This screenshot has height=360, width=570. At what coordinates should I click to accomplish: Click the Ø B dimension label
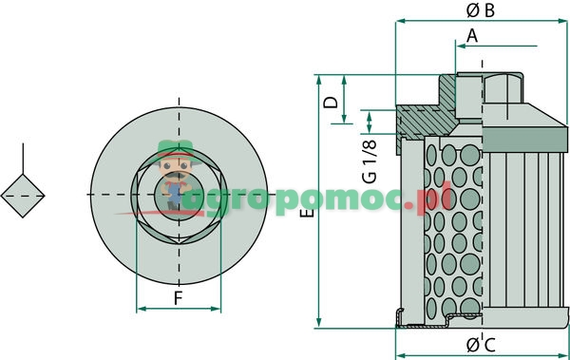tap(480, 10)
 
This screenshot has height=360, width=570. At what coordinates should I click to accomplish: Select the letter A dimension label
tap(472, 36)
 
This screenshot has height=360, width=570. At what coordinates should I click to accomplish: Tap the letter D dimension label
tap(331, 103)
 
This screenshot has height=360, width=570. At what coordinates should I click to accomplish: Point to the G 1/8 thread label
tap(370, 161)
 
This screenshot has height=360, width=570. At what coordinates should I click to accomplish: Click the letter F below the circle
tap(178, 298)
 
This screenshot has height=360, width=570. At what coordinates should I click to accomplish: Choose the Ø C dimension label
tap(481, 345)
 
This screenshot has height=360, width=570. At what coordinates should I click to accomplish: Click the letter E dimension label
tap(308, 213)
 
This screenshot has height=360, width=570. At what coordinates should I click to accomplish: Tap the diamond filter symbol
tap(23, 196)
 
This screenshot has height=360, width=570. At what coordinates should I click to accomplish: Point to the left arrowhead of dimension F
tap(141, 309)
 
